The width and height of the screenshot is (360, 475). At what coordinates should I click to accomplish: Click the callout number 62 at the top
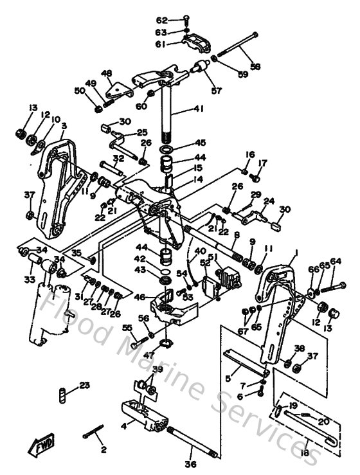pyautogui.click(x=161, y=20)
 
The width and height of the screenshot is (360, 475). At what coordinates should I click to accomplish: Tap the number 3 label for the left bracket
pyautogui.click(x=64, y=125)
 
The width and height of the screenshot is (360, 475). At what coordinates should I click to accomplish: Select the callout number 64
pyautogui.click(x=336, y=261)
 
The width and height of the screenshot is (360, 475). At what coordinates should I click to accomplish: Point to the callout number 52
pyautogui.click(x=204, y=262)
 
